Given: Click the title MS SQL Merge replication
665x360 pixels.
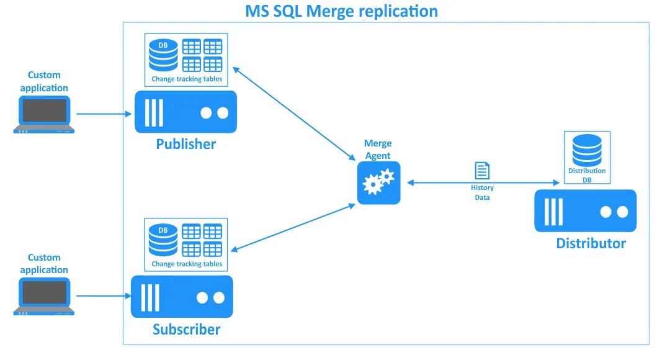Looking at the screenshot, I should point(342,11).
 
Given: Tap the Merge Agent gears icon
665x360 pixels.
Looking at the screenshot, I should point(378,182).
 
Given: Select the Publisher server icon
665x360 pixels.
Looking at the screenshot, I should point(185,112).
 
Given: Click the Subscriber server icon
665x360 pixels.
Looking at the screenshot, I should point(182,297).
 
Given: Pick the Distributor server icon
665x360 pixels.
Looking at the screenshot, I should point(585,211).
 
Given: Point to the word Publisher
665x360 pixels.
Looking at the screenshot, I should point(185,144).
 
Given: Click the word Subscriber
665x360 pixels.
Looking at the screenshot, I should point(186,329).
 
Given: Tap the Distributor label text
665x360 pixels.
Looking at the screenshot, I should point(591,243).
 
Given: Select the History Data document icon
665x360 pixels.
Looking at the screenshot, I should point(482,171).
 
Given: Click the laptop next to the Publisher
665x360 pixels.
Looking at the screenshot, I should point(44,114).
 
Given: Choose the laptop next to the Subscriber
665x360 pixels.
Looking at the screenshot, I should point(44,297).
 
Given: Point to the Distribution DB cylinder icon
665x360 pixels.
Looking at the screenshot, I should point(587,150).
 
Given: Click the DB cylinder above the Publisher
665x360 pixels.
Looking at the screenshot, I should point(163,55).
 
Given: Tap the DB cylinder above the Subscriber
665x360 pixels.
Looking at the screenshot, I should point(163,240).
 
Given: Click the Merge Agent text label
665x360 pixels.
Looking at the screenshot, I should point(378,150).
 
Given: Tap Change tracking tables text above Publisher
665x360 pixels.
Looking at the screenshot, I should point(187,79).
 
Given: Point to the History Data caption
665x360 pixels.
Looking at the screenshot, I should point(482,192).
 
